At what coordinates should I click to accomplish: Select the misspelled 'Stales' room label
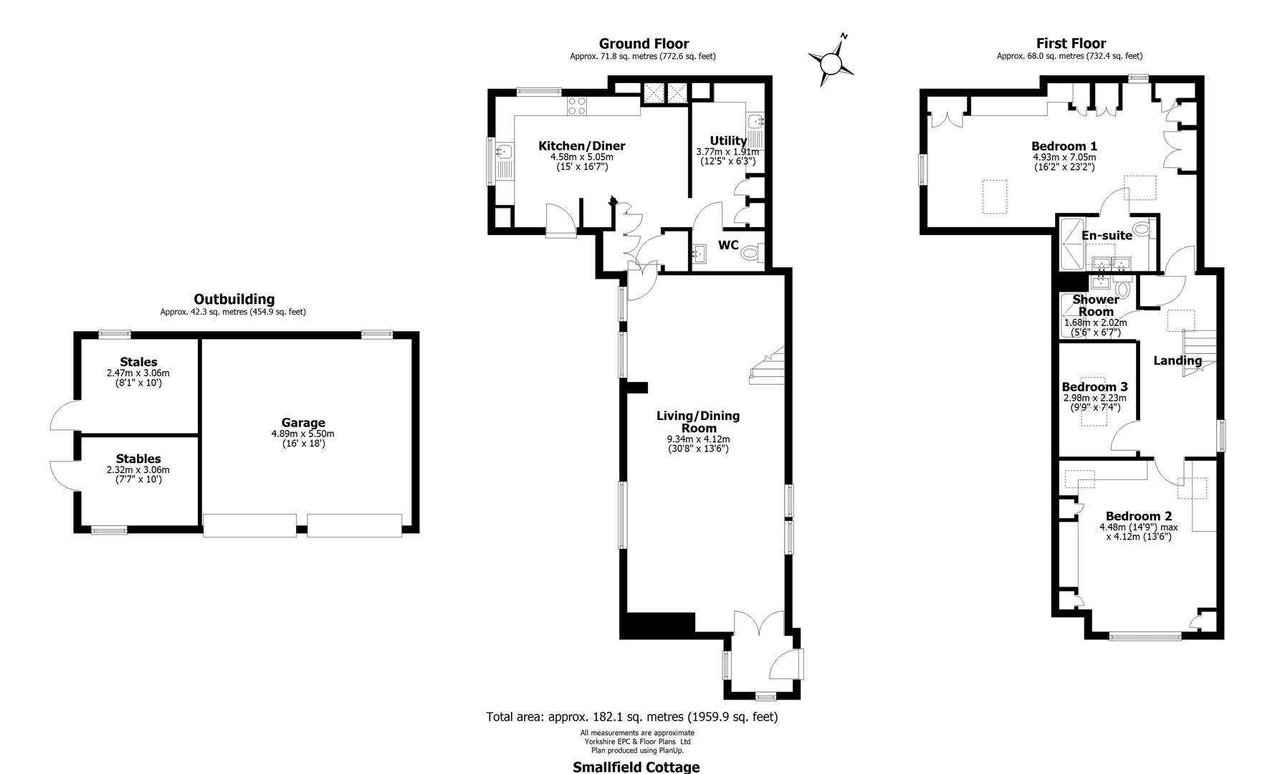point(138,362)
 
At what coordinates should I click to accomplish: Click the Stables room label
point(138,459)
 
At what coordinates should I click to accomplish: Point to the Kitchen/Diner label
point(581,146)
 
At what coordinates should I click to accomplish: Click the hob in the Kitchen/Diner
point(577,106)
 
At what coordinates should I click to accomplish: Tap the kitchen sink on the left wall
point(505,152)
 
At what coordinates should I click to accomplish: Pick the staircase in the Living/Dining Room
point(768,365)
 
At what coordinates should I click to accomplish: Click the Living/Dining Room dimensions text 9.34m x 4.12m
point(698,439)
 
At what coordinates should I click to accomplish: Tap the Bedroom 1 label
point(1064,147)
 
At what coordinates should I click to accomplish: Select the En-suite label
point(1107,235)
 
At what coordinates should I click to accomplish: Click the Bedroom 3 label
point(1094,387)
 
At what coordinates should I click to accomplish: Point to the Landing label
point(1177,360)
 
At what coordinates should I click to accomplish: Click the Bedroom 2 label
point(1138,516)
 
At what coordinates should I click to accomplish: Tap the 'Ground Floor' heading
point(644,44)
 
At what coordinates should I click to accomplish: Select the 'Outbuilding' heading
point(234,300)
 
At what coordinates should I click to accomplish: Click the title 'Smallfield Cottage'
point(636,767)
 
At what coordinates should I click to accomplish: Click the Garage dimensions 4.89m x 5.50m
point(302,434)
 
